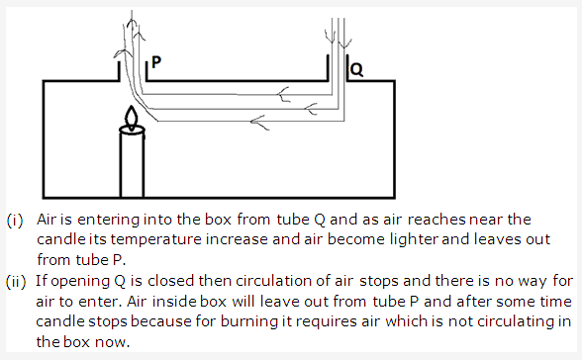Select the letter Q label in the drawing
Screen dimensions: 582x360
coord(357,70)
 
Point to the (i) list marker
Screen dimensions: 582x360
coord(16,218)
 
